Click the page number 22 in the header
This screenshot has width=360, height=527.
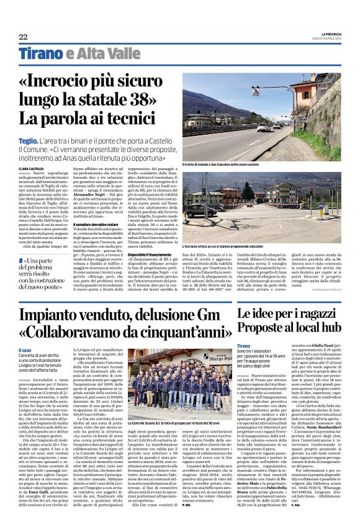[24, 37]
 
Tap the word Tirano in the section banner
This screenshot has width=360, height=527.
[41, 54]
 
